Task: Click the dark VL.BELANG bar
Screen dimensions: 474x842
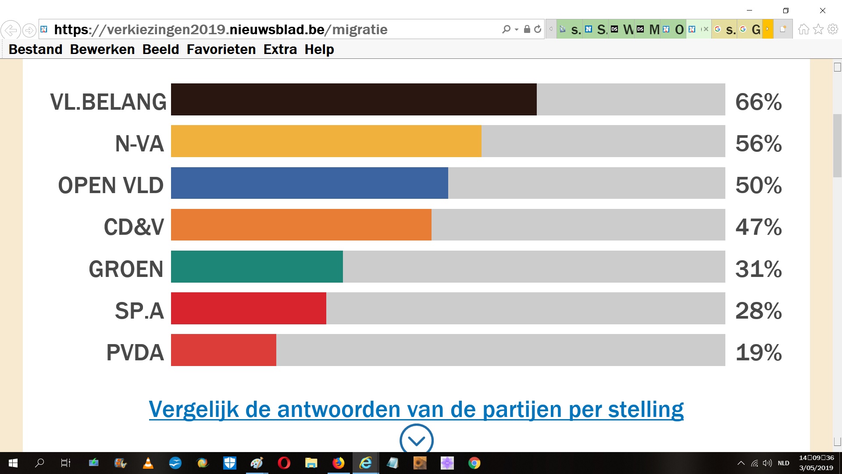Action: click(x=353, y=100)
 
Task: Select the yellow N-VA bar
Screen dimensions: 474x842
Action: click(x=326, y=141)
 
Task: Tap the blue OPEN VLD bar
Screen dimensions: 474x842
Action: click(x=309, y=183)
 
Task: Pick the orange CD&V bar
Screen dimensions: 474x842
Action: click(x=301, y=225)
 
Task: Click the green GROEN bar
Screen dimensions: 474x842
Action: click(x=257, y=267)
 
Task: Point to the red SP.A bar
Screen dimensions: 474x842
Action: click(x=248, y=309)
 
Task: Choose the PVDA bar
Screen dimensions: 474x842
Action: click(x=223, y=350)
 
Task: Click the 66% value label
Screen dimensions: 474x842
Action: click(x=758, y=102)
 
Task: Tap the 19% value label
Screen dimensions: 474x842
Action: click(x=758, y=352)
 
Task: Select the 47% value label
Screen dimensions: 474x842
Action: click(x=758, y=227)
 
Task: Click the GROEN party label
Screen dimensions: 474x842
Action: click(x=126, y=269)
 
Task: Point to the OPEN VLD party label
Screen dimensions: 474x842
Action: click(x=111, y=185)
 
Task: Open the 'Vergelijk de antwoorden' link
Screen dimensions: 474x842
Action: click(x=416, y=409)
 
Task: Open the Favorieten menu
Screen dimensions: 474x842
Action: click(x=221, y=50)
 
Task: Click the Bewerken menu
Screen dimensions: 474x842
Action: click(x=102, y=50)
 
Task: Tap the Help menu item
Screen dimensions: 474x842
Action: click(x=319, y=50)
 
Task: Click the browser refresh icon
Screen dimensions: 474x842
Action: click(x=538, y=29)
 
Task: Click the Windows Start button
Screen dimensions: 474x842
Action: click(x=13, y=463)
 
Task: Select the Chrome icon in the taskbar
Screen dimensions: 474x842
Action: click(x=474, y=463)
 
